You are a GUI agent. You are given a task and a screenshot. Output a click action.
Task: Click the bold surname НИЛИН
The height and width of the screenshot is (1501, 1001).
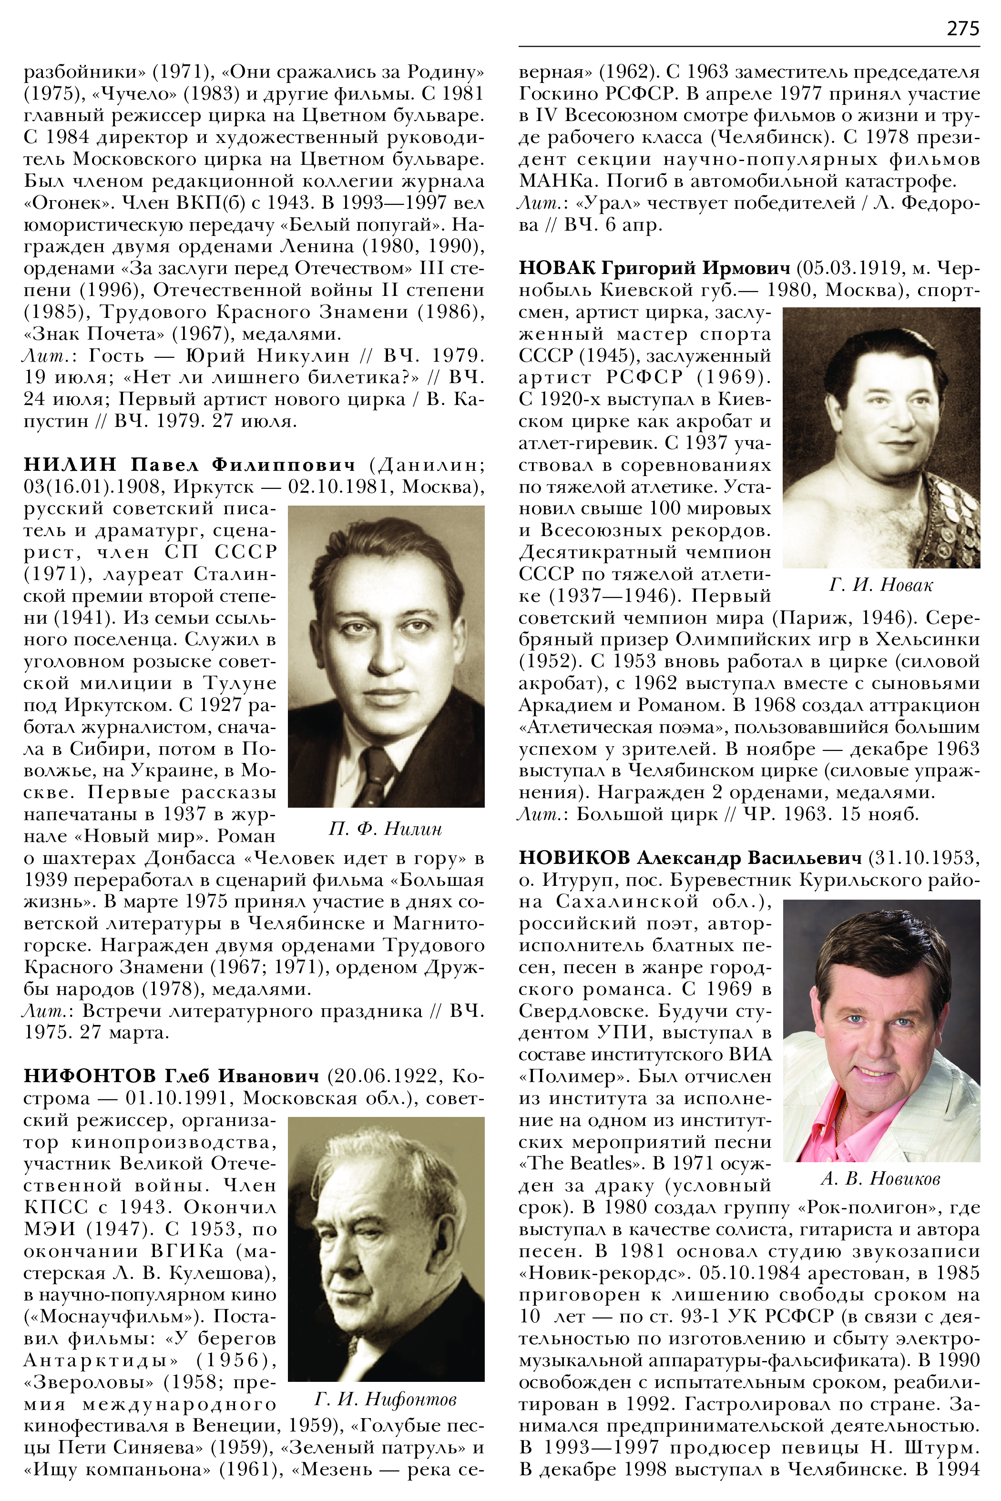click(x=70, y=464)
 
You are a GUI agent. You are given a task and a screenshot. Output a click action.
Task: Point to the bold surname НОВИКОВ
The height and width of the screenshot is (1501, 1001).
click(x=574, y=858)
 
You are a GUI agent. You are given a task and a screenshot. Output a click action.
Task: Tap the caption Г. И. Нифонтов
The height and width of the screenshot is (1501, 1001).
click(x=386, y=1400)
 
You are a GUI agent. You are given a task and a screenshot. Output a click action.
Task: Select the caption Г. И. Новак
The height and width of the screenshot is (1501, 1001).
click(x=881, y=585)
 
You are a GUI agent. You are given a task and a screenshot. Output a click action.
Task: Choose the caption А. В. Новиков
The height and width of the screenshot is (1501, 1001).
click(x=880, y=1179)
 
